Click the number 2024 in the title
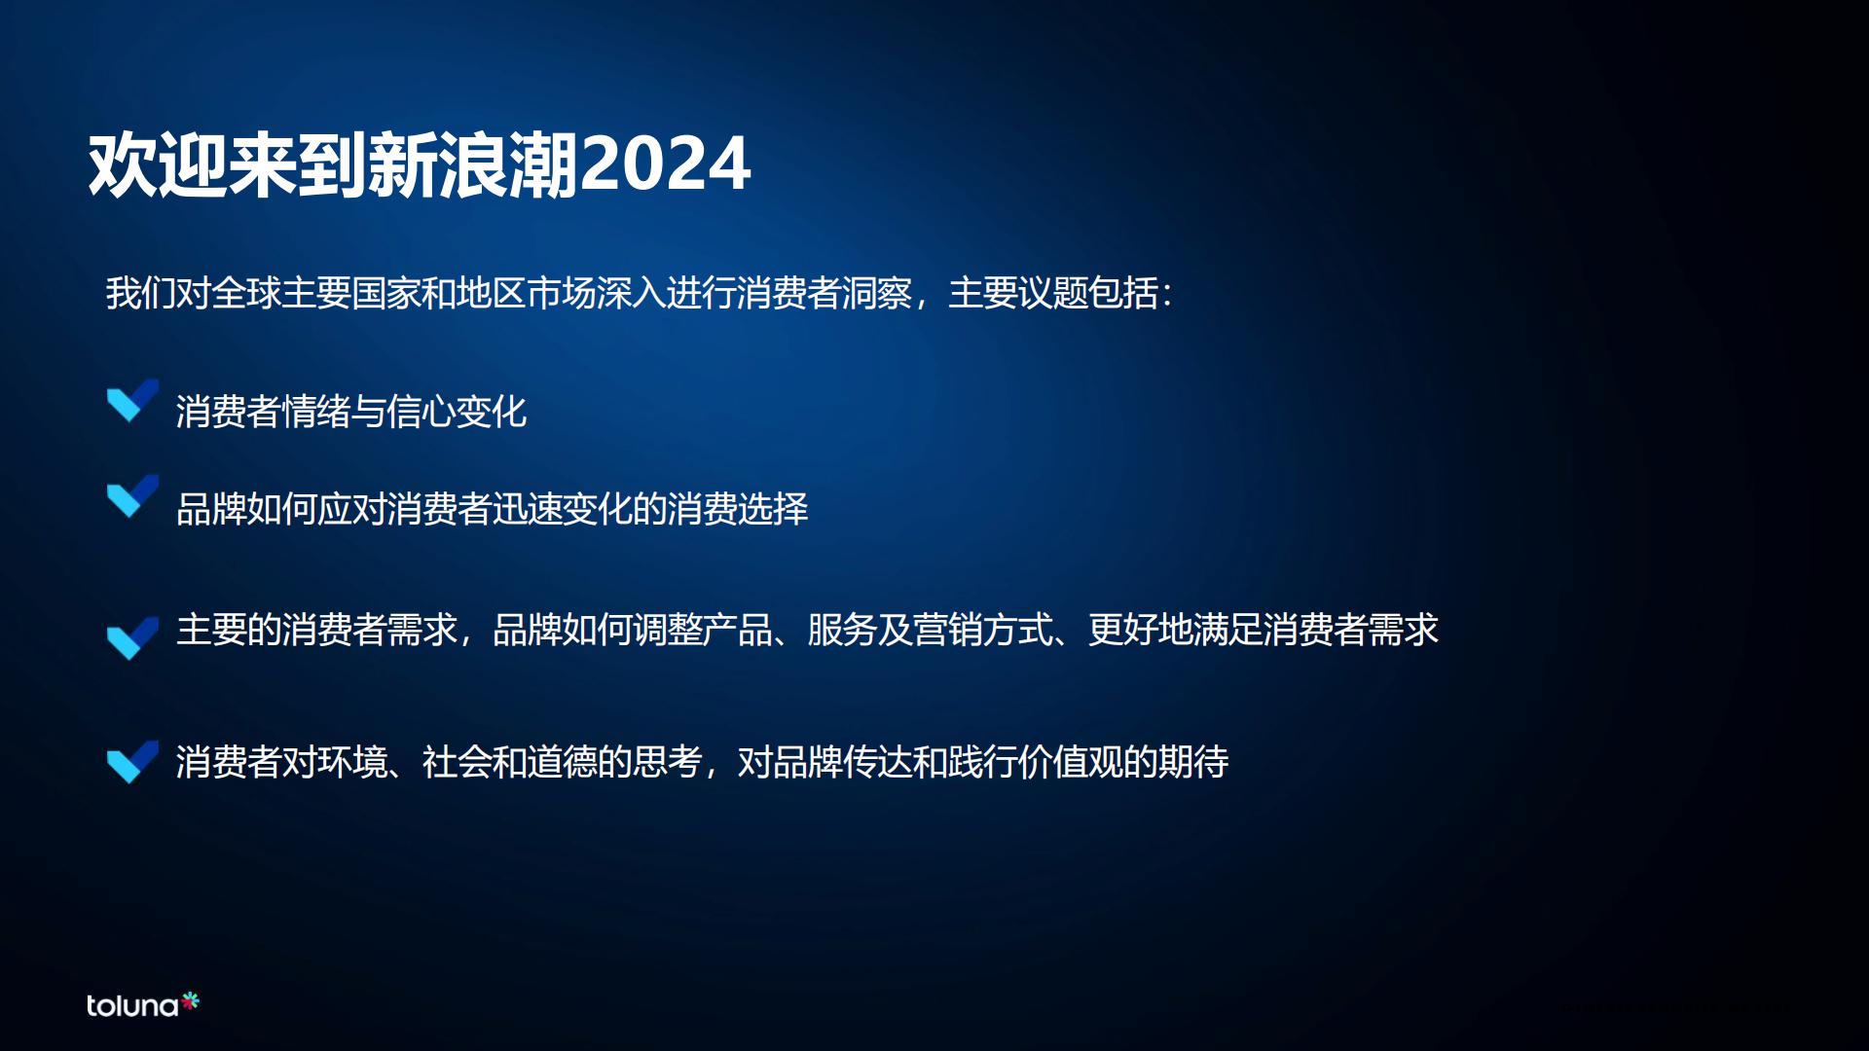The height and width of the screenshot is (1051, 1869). (666, 164)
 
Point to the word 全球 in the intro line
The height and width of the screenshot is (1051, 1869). (245, 293)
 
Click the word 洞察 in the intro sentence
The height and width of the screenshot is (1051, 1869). (877, 293)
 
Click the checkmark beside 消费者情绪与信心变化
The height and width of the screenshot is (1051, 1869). (131, 401)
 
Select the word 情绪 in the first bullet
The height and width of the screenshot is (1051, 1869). (315, 412)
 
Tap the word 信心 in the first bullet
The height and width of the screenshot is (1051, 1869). (421, 412)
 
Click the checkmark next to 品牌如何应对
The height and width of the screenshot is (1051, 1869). (131, 496)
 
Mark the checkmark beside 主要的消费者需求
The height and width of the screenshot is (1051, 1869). (131, 638)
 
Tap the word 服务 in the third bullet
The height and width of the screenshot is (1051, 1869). (842, 630)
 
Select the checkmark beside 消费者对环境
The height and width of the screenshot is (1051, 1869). (131, 762)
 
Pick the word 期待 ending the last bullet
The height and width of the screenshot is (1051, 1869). (1192, 762)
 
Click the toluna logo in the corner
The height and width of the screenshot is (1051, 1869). (142, 1004)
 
